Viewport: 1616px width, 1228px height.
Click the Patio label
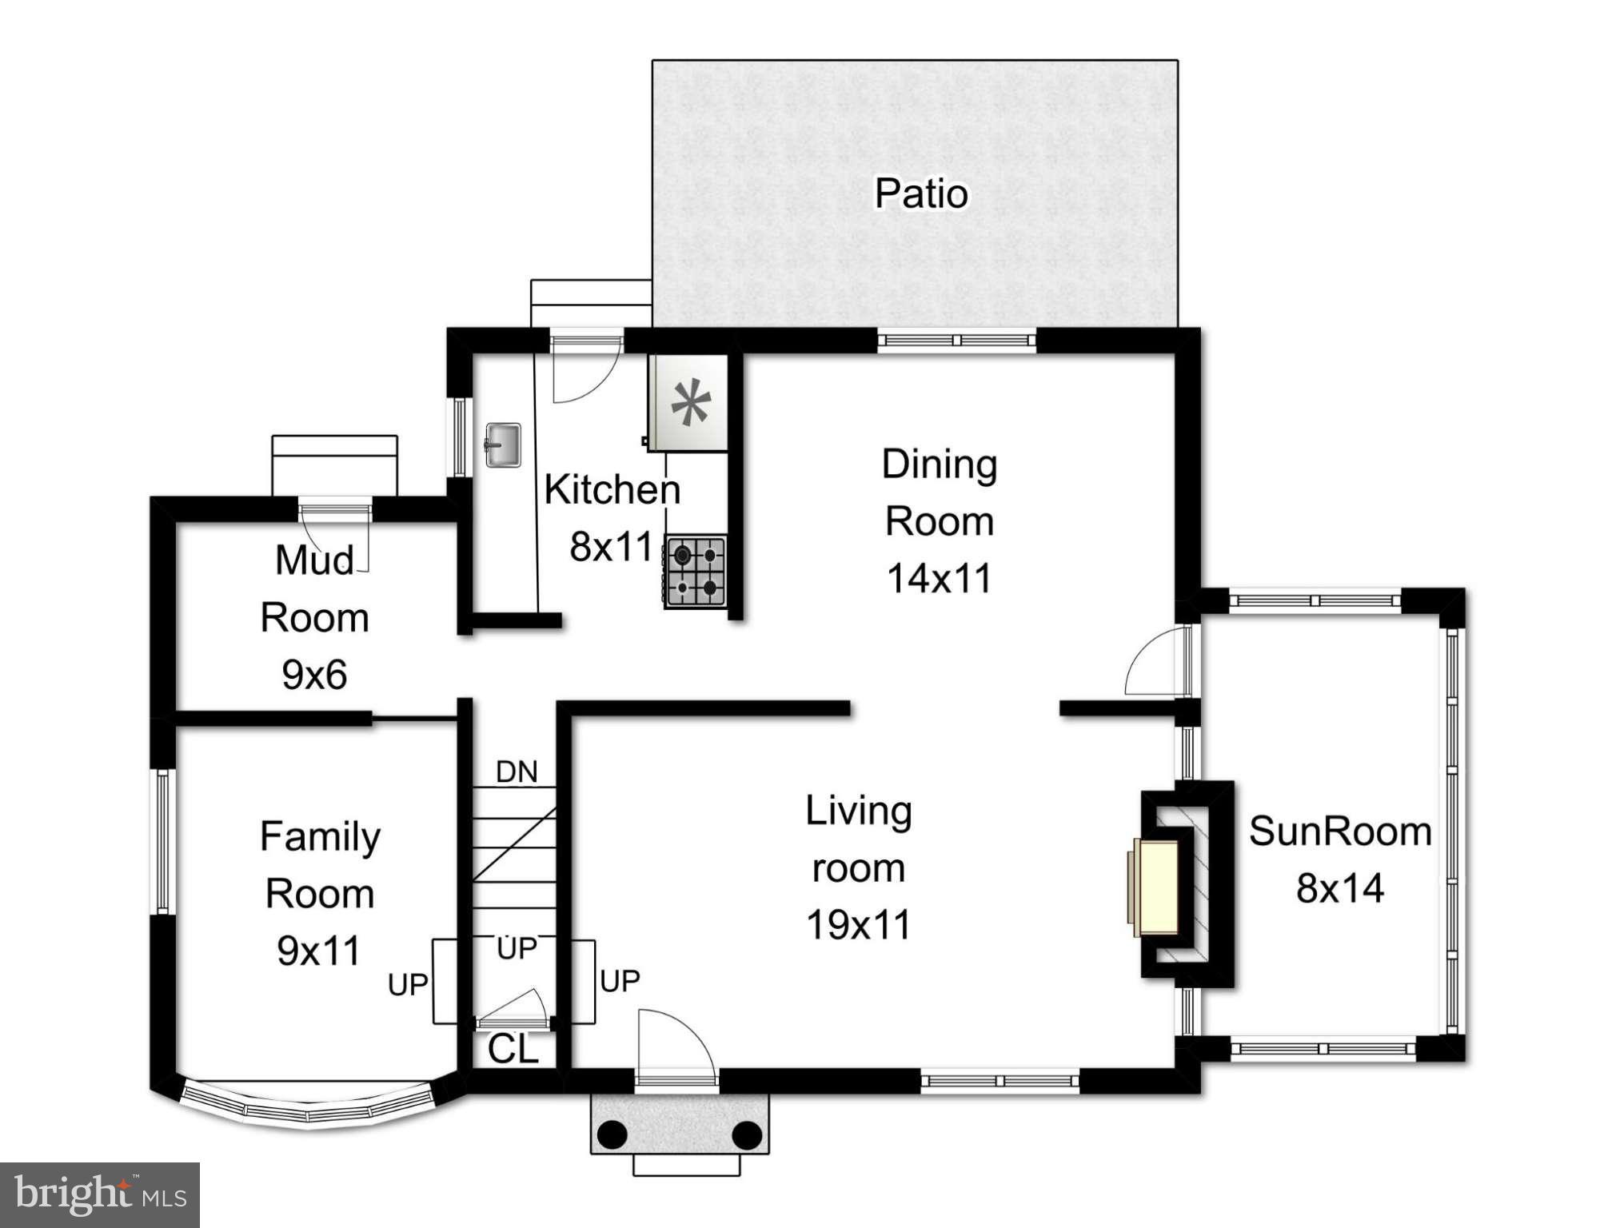(x=920, y=193)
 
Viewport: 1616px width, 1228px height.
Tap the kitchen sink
(x=503, y=445)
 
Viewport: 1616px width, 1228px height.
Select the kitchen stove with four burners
(x=695, y=572)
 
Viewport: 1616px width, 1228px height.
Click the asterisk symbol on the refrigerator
(x=690, y=402)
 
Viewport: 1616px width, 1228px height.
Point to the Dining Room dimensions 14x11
(x=939, y=578)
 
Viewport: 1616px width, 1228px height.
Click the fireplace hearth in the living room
(x=1156, y=887)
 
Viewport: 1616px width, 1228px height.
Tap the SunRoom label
(x=1340, y=831)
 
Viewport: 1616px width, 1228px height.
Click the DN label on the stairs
(x=517, y=771)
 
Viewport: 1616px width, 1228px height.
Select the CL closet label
(x=513, y=1049)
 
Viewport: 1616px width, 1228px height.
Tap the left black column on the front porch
(x=612, y=1134)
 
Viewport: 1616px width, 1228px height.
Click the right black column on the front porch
(x=747, y=1134)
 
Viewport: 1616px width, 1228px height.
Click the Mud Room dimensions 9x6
(x=314, y=675)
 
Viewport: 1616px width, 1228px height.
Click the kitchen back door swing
(x=586, y=372)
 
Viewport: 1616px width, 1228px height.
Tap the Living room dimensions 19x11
(x=858, y=925)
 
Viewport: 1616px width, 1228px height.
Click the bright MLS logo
(x=100, y=1194)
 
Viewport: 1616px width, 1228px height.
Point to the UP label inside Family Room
(x=408, y=985)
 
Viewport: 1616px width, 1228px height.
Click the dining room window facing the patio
(x=956, y=341)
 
